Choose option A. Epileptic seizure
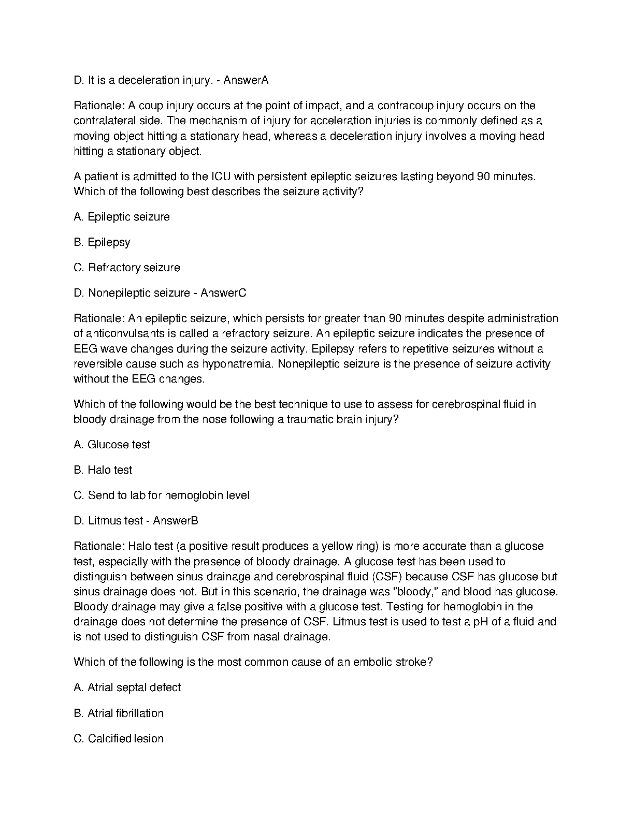[x=122, y=217]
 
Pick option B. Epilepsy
[x=102, y=242]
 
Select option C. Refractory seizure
[x=127, y=268]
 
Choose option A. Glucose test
[x=112, y=445]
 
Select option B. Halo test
[x=103, y=470]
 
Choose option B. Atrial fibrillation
[x=119, y=713]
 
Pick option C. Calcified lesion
[x=119, y=739]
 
